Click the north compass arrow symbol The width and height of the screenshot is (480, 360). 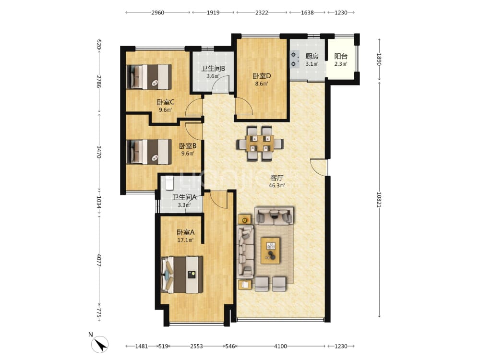click(100, 344)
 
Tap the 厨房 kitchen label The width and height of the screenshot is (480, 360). click(312, 56)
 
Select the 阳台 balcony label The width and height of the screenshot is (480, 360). click(341, 56)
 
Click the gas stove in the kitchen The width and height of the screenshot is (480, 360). click(294, 59)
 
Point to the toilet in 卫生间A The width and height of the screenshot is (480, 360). click(169, 183)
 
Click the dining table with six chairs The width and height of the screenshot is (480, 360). click(260, 143)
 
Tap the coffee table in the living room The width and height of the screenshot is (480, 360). click(270, 251)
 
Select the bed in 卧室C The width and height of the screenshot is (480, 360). click(149, 77)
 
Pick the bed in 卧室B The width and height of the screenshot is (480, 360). click(149, 152)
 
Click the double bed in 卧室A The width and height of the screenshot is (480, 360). click(182, 275)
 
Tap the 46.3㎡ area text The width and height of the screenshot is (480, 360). click(277, 185)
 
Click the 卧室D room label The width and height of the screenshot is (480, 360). click(262, 76)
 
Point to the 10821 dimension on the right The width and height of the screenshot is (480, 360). click(379, 200)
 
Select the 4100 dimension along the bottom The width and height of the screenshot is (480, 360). click(280, 346)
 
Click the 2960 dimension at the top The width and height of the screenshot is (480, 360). click(157, 12)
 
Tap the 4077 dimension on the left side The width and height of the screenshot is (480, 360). click(99, 260)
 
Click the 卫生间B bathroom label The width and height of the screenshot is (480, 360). click(213, 68)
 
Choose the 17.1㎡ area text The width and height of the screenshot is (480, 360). click(185, 240)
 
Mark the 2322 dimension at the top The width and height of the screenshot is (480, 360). click(262, 12)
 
